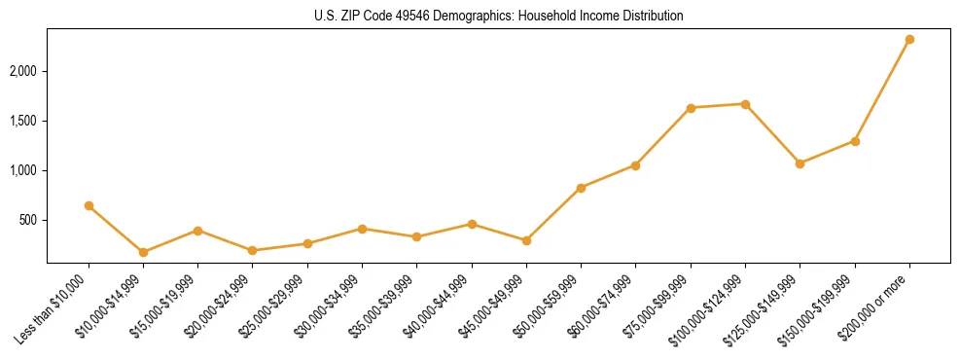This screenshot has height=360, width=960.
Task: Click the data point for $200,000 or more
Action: tap(909, 40)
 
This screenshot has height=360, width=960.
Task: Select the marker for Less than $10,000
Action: tap(89, 205)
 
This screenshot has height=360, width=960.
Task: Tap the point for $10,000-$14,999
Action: tap(143, 252)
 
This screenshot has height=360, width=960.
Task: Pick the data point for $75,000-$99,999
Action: tap(691, 108)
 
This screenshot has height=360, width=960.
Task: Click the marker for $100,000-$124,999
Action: tap(745, 104)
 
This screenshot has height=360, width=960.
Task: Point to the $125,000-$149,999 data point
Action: tap(800, 163)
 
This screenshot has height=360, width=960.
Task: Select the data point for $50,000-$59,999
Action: tap(581, 188)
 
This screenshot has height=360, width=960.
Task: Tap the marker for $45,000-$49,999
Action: tap(526, 240)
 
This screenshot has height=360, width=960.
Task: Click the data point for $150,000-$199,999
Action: tap(855, 141)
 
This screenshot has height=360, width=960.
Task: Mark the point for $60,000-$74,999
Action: tap(635, 165)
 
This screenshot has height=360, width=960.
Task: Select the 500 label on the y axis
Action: tap(28, 221)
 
